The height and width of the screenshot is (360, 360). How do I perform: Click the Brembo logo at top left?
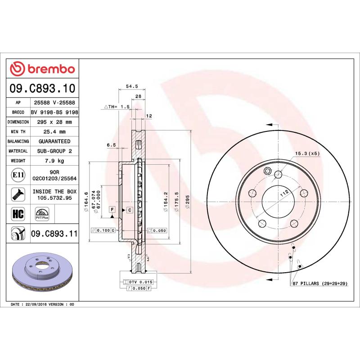43,69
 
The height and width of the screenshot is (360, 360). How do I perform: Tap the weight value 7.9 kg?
54,161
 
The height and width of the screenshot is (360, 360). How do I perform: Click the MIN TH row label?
18,132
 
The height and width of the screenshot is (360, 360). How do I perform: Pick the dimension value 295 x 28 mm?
54,122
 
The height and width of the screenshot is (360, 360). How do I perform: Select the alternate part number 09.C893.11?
54,234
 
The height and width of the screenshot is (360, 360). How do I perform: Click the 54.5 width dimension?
131,85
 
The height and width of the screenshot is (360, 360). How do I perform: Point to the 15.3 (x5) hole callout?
307,154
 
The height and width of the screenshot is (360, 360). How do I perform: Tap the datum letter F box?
111,210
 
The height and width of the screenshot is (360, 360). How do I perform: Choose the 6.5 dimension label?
111,145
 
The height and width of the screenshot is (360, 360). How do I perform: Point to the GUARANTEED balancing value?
54,141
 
